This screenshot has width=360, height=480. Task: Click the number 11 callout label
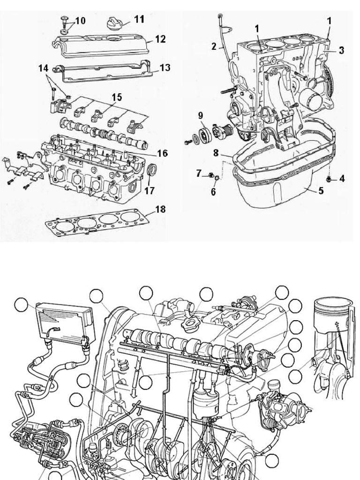(x=139, y=19)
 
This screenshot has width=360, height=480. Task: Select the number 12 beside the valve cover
(x=160, y=39)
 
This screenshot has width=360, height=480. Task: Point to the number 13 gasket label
(x=165, y=67)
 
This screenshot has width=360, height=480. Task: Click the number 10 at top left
(x=80, y=21)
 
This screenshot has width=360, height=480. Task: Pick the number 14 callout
(x=44, y=68)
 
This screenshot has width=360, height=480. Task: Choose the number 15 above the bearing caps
(x=117, y=97)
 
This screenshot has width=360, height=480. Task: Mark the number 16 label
(x=162, y=153)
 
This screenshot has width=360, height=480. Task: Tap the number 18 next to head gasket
(x=160, y=209)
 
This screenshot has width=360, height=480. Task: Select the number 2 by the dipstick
(x=214, y=46)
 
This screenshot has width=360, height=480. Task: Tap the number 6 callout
(x=213, y=192)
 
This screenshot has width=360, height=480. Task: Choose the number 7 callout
(x=199, y=174)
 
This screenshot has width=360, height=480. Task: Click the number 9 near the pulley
(x=200, y=115)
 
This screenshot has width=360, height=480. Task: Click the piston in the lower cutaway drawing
(x=332, y=315)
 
